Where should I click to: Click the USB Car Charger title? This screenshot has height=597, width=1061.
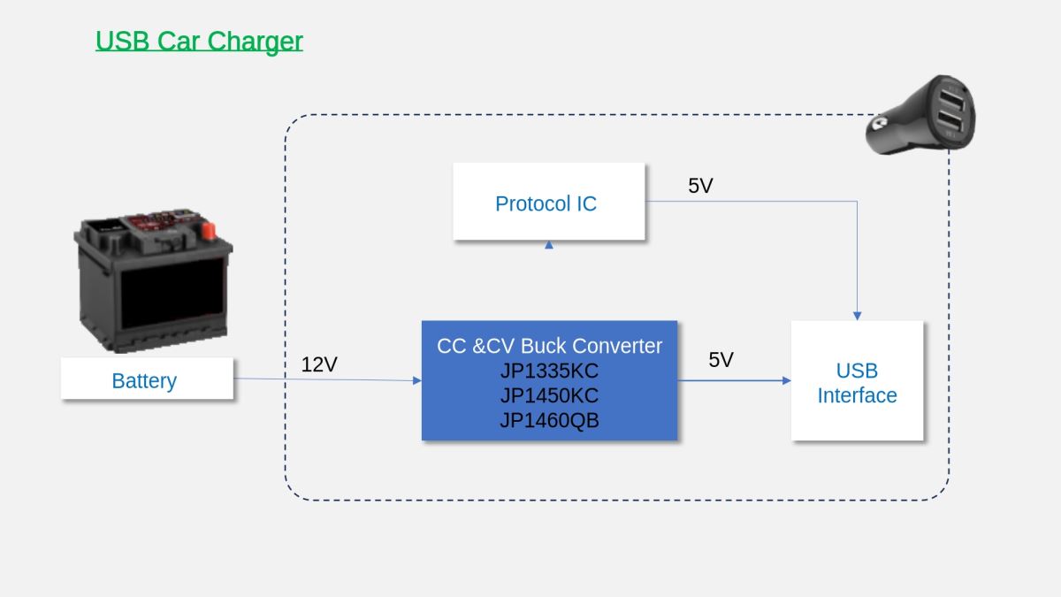pos(199,42)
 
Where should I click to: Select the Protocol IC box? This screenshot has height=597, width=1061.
pos(548,202)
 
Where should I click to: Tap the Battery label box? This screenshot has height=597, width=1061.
pos(147,379)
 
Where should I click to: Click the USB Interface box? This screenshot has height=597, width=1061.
pos(857,380)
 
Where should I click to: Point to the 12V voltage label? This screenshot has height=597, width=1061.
pos(319,364)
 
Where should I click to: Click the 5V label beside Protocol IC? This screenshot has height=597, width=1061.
pos(700,185)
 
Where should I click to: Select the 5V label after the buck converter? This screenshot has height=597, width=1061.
pos(721,360)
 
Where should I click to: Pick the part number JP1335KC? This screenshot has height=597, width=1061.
pos(549,371)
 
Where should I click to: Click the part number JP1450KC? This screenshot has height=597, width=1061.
pos(549,395)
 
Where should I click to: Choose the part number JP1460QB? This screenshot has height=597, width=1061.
pos(549,420)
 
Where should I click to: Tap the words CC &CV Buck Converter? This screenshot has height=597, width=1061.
pos(549,346)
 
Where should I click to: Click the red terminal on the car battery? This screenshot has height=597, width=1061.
pos(208,231)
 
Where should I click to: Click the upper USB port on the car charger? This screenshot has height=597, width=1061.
pos(951,98)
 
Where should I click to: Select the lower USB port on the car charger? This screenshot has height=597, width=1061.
pos(950,121)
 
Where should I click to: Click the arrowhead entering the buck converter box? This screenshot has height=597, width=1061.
pos(416,380)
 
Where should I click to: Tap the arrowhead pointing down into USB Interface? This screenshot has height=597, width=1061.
pos(857,316)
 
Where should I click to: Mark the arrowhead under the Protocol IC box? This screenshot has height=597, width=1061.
pos(548,244)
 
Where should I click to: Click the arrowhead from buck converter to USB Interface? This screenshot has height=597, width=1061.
pos(786,380)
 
